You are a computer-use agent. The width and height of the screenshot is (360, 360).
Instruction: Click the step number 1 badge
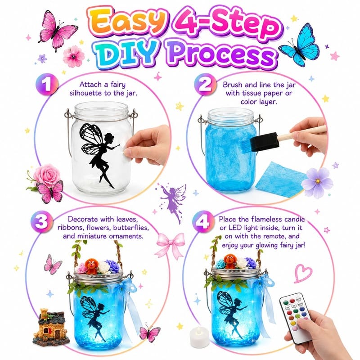click(47, 84)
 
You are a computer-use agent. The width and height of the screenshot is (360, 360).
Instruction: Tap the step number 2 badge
click(205, 84)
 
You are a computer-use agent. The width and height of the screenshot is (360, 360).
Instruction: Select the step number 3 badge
click(42, 221)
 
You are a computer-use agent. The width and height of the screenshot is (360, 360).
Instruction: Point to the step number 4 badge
click(204, 221)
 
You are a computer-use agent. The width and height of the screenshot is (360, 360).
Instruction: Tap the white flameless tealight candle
click(199, 337)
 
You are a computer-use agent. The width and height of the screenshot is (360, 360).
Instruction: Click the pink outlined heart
click(303, 273)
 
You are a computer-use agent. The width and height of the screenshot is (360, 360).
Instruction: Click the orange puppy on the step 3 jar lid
click(92, 266)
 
